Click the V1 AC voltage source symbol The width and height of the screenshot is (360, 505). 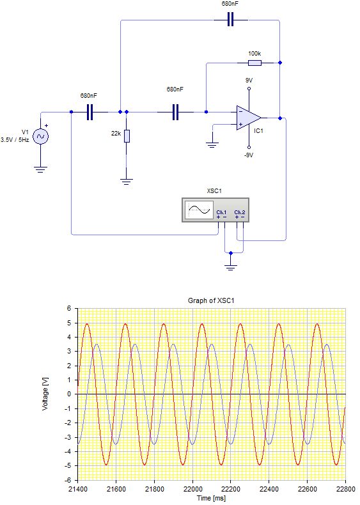point(40,136)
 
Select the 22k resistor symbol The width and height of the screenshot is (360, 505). point(127,136)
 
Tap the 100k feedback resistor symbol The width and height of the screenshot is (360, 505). point(254,63)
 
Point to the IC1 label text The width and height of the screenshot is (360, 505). point(259,130)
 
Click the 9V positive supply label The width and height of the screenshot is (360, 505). point(249,80)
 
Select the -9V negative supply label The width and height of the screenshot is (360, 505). point(249,155)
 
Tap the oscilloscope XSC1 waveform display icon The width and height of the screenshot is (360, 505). point(200,210)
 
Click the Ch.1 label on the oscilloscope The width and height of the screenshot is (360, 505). point(221,212)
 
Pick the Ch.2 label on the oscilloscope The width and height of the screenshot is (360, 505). point(239,212)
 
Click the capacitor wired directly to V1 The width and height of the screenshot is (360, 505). point(90,112)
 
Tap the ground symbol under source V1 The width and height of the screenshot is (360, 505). point(40,169)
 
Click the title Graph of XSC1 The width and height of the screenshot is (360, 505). point(211,300)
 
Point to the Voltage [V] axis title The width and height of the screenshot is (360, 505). point(45,393)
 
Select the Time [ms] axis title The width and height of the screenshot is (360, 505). point(211,497)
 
